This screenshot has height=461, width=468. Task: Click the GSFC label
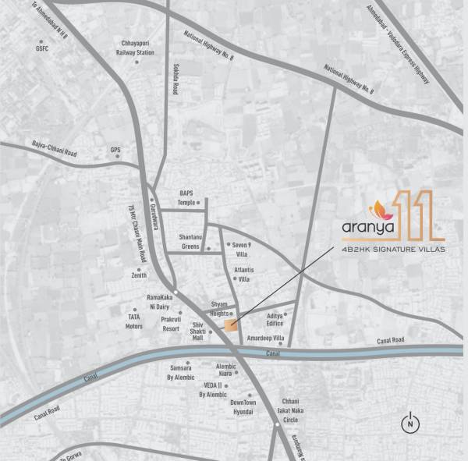pyautogui.click(x=41, y=48)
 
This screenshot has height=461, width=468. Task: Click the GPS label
pyautogui.click(x=115, y=150)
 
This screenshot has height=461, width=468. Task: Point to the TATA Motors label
pyautogui.click(x=135, y=321)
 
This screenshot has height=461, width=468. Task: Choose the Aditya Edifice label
pyautogui.click(x=275, y=319)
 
